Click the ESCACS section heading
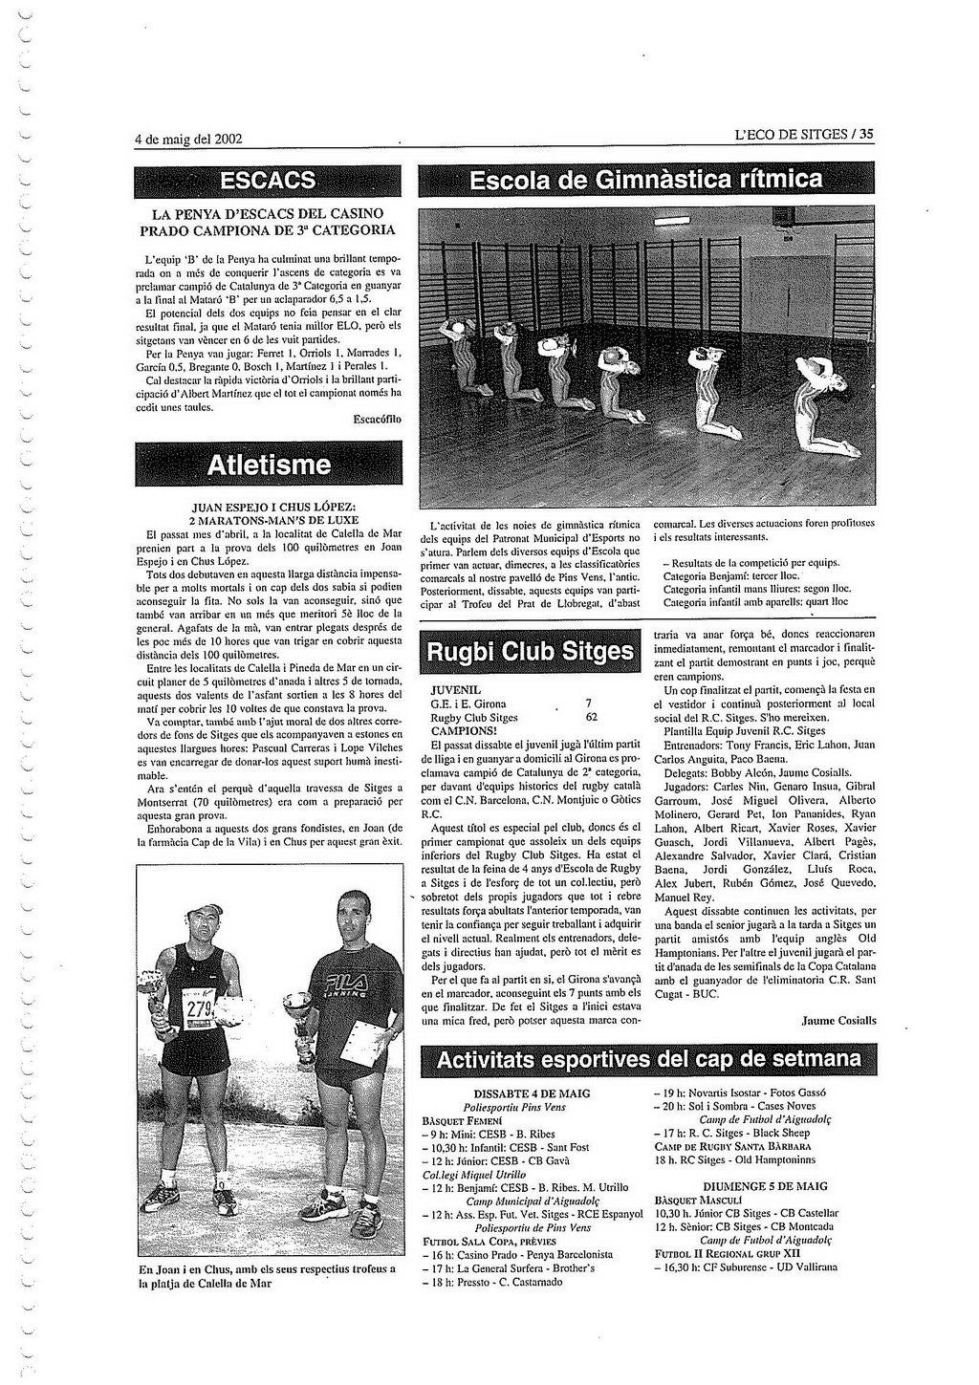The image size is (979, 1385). point(268,180)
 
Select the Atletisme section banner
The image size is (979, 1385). point(269,465)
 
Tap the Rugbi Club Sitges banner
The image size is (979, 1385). point(531,652)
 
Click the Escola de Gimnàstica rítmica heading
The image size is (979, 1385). point(645,180)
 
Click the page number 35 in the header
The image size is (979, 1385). point(866,135)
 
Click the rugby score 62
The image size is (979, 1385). point(591,717)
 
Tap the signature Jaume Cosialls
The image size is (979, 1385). point(838,1020)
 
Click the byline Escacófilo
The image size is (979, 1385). point(377,419)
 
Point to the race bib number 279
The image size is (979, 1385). point(199,1010)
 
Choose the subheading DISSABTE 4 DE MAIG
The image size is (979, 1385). point(532,1093)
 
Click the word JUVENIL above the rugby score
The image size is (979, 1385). point(456,689)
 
